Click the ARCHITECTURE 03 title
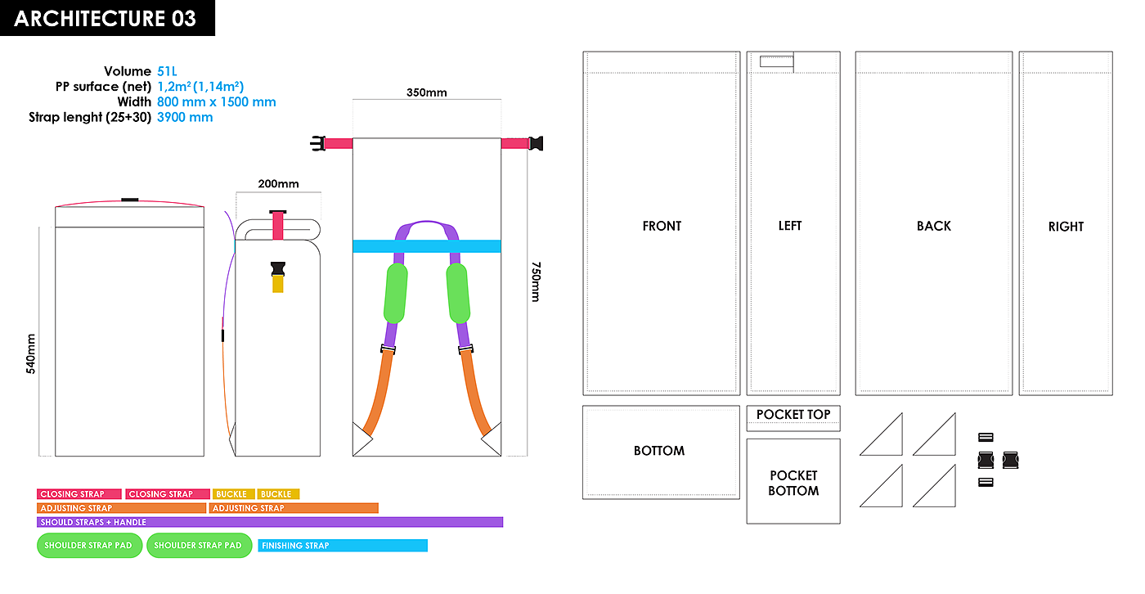tap(106, 19)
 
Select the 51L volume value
tap(168, 71)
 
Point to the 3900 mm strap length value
tap(185, 117)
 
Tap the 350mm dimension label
tap(426, 92)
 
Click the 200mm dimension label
tap(278, 184)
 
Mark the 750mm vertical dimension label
tap(536, 281)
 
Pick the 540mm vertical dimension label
tap(31, 353)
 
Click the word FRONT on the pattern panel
tap(662, 226)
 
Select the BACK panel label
tap(933, 226)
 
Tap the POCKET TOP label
tap(793, 415)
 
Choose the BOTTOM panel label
tap(659, 451)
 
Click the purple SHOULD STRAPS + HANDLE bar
tap(270, 522)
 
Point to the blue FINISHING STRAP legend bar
tap(343, 546)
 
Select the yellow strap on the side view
tap(278, 284)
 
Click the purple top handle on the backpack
tap(426, 225)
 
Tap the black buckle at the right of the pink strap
tap(536, 144)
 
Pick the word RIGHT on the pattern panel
tap(1066, 227)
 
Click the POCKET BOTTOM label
tap(793, 483)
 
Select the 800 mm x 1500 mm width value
tap(217, 102)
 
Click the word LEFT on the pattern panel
tap(790, 226)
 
